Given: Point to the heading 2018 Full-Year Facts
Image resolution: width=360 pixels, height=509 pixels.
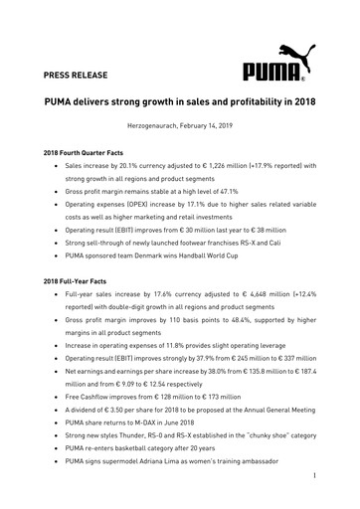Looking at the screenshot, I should point(78,282).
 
